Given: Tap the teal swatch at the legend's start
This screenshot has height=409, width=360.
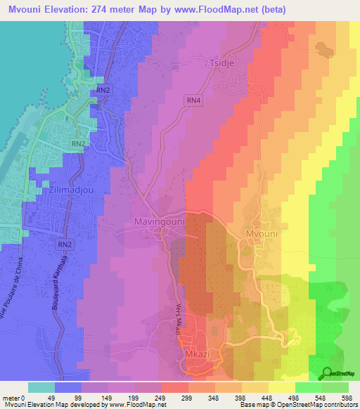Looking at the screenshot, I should [x=41, y=387].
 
